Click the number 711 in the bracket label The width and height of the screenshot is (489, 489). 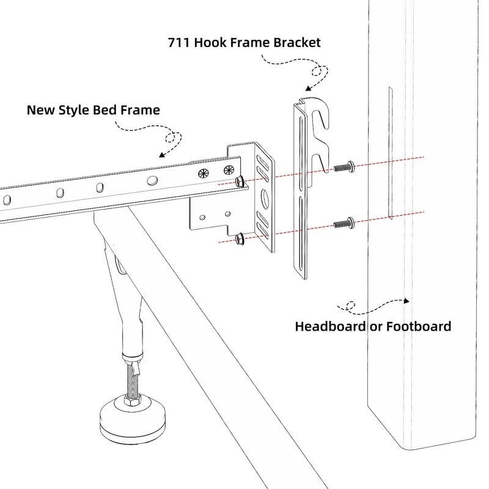point(178,44)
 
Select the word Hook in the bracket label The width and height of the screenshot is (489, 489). point(211,44)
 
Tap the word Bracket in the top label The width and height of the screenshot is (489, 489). point(296,44)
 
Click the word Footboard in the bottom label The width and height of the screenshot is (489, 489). point(420,325)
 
